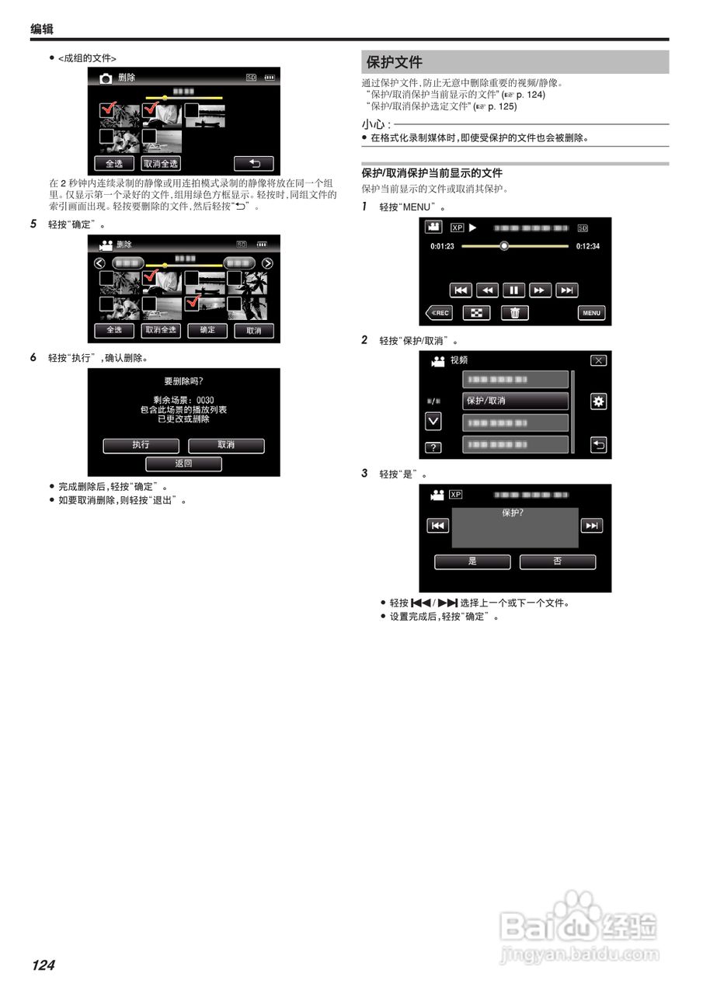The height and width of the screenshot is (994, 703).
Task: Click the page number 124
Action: coord(44,965)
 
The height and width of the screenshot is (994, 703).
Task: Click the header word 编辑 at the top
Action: coord(42,29)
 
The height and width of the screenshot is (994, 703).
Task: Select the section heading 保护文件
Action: coord(395,62)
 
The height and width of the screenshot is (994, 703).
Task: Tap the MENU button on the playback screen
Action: coord(591,313)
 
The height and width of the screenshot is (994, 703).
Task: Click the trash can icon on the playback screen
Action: coord(513,313)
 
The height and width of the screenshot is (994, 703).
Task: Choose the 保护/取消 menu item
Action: coord(516,401)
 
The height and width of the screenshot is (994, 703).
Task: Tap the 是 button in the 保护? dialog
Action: coord(472,561)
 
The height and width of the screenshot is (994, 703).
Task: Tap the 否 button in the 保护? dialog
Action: coord(557,561)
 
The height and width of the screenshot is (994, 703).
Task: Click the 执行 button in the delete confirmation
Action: coord(141,446)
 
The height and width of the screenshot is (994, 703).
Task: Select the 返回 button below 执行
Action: coord(183,464)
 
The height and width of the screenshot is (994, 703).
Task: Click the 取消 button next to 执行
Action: coord(226,446)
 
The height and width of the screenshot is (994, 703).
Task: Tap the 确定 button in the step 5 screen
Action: coord(207,330)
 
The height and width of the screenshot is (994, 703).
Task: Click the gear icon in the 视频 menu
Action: coord(598,401)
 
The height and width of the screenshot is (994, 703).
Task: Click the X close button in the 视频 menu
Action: coord(598,360)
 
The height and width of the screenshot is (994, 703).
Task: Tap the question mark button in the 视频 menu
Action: coord(433,447)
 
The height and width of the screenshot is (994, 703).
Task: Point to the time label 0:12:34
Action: coord(587,246)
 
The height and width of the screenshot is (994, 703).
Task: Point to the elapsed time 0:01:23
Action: coord(442,246)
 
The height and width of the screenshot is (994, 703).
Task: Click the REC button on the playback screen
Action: coord(440,313)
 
